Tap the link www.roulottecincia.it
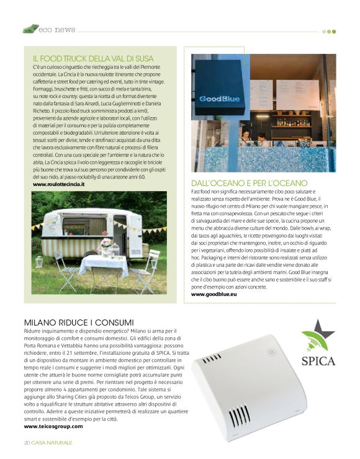59,184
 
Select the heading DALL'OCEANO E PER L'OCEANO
250,183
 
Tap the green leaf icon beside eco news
30,29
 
